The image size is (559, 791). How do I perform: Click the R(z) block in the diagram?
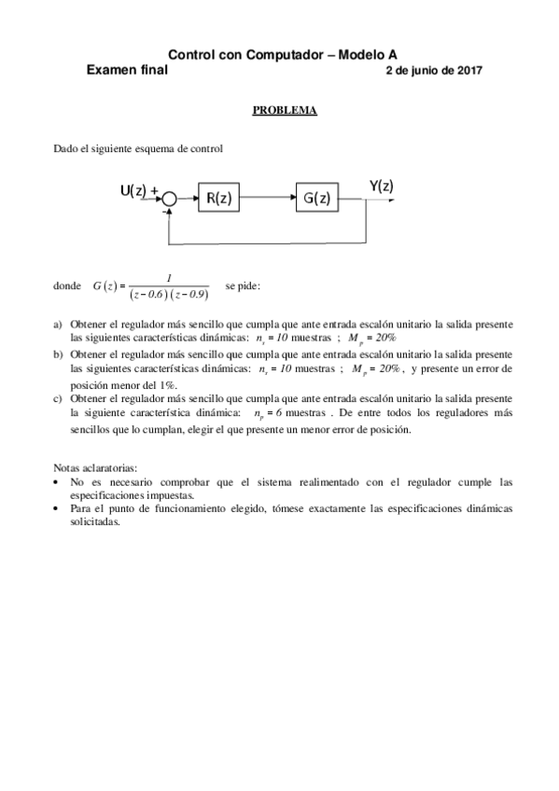(x=219, y=198)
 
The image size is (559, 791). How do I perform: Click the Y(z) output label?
(x=380, y=187)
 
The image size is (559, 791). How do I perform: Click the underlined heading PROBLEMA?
(x=285, y=110)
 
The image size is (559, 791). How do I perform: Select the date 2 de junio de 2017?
(x=433, y=70)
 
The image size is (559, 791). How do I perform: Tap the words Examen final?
(x=127, y=70)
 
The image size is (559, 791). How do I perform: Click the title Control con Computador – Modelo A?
(x=289, y=56)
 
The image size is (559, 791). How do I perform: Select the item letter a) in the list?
(x=58, y=325)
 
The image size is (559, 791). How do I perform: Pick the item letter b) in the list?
(x=58, y=354)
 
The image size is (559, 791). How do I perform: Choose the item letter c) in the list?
(x=58, y=398)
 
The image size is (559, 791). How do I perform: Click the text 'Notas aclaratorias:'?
(x=96, y=467)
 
